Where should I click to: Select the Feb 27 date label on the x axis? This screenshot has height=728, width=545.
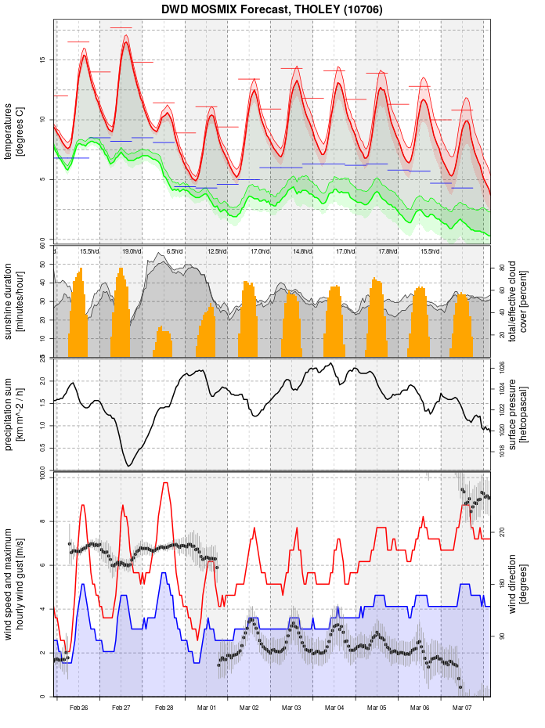click(121, 708)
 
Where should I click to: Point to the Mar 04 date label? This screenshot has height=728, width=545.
click(334, 708)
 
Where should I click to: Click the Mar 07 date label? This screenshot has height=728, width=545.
click(462, 708)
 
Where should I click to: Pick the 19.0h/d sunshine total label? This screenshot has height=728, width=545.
click(132, 251)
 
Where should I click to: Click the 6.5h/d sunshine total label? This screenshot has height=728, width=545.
click(174, 251)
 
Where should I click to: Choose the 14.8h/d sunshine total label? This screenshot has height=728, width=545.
click(302, 251)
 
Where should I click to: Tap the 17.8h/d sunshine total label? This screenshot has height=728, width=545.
click(387, 251)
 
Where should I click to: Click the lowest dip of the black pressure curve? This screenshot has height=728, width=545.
click(129, 466)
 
